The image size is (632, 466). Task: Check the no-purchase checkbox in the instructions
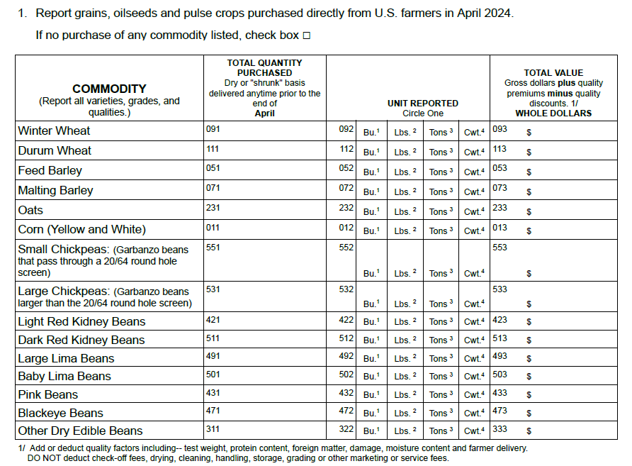307,35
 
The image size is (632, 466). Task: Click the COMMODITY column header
109,89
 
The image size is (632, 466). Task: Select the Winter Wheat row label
54,131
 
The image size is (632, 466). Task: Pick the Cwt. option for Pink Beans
473,395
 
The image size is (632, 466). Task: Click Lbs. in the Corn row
405,231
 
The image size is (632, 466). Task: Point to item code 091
213,129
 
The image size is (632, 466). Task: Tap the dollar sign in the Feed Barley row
529,172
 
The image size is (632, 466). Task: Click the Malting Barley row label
55,191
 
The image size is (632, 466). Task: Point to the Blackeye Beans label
60,414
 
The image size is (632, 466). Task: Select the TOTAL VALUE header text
553,72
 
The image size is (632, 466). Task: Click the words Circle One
422,113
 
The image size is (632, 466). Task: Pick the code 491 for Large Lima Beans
213,356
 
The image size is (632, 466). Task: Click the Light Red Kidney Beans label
81,322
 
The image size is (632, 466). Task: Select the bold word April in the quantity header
264,113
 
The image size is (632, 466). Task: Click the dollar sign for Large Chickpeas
529,304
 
